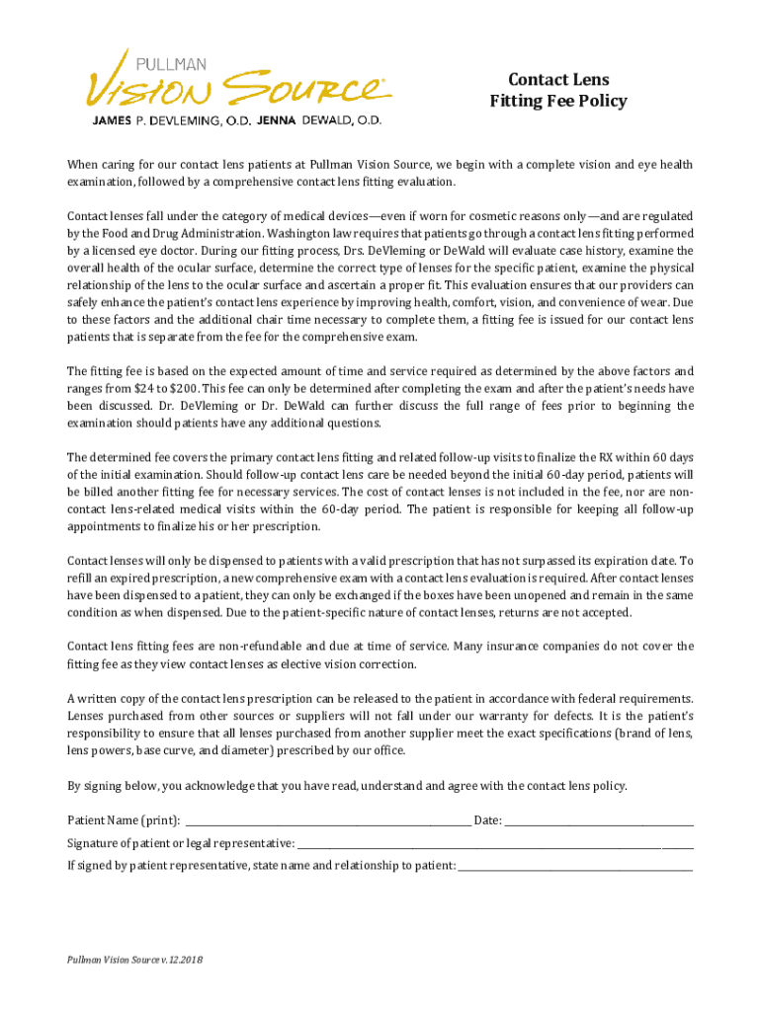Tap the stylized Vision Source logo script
237,90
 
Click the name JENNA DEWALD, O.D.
319,120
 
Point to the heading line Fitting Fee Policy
557,101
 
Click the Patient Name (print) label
123,819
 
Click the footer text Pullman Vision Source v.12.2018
133,960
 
